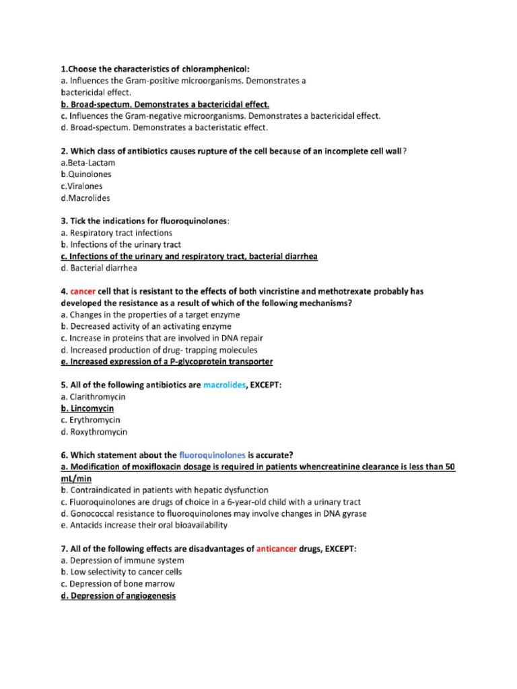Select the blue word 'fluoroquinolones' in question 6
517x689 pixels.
(213, 455)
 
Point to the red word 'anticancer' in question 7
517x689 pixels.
(277, 548)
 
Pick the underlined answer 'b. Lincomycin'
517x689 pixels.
(87, 408)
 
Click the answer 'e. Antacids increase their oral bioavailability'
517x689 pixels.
(143, 525)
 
